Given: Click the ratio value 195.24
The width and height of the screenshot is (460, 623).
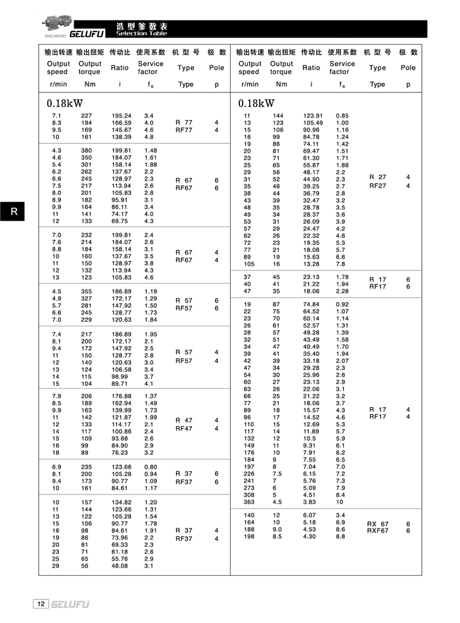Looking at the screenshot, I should (x=122, y=116).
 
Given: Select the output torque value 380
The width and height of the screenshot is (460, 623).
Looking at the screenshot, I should (x=86, y=150).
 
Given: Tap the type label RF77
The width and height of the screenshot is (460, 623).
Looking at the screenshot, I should (x=184, y=130).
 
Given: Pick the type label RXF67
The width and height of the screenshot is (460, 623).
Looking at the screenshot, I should (x=378, y=530).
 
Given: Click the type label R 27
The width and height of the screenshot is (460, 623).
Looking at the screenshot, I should (x=378, y=177).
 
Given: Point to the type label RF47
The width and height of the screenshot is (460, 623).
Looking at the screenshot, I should (x=184, y=429).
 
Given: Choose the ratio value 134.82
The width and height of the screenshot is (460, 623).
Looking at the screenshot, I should (x=122, y=502).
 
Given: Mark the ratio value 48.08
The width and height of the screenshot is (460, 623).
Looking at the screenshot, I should (x=120, y=565).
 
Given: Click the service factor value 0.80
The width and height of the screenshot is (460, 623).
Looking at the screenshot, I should (x=150, y=467).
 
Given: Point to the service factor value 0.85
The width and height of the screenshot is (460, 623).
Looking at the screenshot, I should (x=342, y=116).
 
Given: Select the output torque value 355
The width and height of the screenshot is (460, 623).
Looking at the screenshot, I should (x=86, y=291).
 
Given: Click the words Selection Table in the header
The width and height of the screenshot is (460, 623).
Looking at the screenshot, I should (x=142, y=33).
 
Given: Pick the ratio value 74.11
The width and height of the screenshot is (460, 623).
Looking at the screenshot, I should (x=311, y=144).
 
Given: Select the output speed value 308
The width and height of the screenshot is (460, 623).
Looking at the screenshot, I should (x=248, y=495).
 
